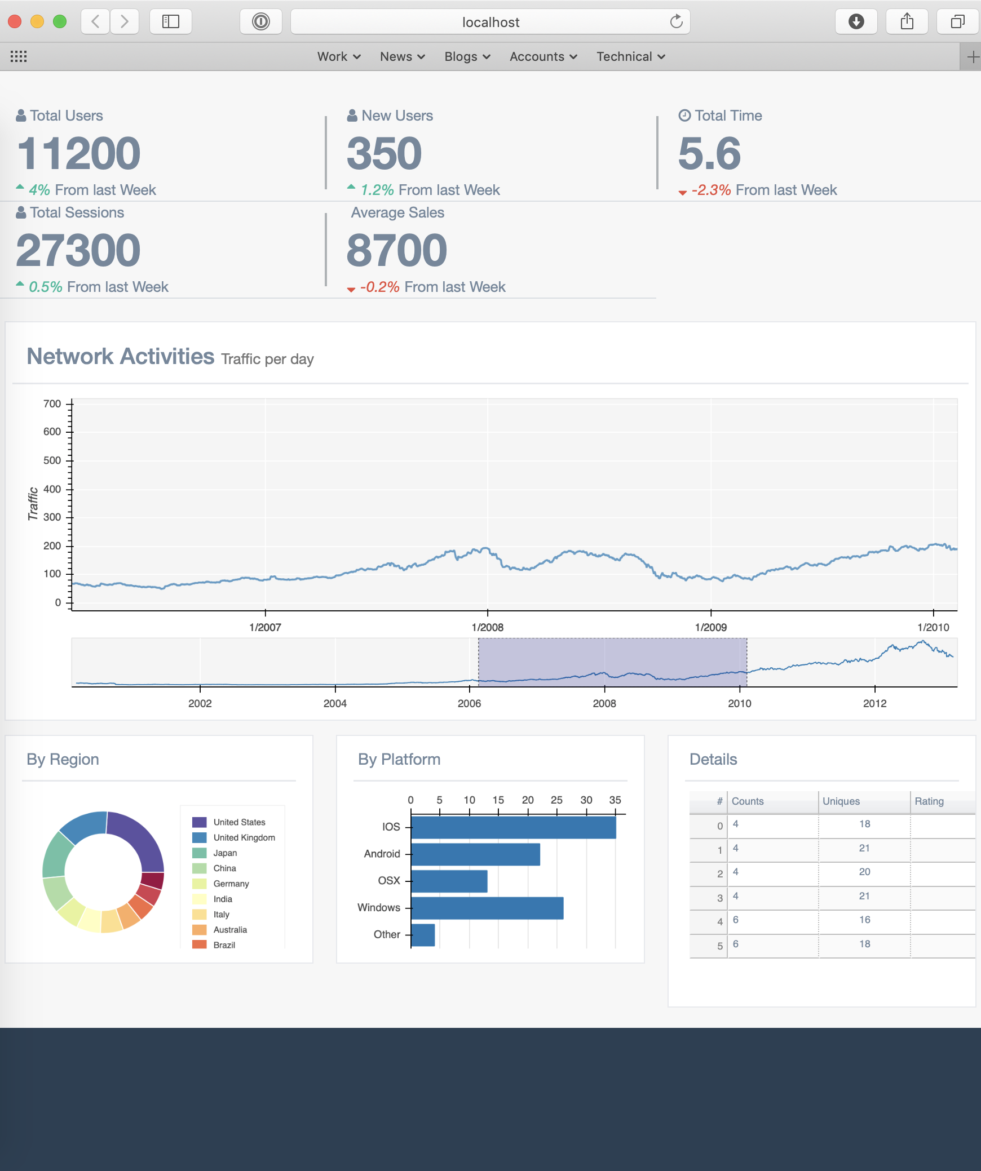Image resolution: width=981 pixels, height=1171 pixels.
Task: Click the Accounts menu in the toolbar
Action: (x=543, y=56)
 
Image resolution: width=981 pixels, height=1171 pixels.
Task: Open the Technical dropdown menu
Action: (x=630, y=56)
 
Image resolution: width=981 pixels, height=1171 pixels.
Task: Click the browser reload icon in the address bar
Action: (x=676, y=22)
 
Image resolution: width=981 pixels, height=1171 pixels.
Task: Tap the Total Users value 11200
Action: (x=79, y=153)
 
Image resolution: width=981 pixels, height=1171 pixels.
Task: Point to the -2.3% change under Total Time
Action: (x=711, y=190)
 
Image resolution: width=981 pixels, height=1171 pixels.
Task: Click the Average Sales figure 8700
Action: (x=396, y=250)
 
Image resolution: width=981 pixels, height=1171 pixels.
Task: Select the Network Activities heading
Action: (x=121, y=357)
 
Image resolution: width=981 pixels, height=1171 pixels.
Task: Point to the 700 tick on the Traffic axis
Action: (x=52, y=403)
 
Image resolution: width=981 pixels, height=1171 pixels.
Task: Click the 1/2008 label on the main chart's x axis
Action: (x=487, y=627)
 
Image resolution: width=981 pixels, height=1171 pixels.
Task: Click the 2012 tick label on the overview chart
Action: (x=874, y=703)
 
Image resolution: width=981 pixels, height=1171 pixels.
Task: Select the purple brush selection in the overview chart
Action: (x=612, y=662)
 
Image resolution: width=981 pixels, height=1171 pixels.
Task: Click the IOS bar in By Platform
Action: (x=513, y=827)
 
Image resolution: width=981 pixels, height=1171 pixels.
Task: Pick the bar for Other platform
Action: (x=423, y=935)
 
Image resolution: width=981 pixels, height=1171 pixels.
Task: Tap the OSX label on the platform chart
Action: (x=389, y=880)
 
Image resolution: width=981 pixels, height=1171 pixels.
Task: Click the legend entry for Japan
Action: (x=225, y=853)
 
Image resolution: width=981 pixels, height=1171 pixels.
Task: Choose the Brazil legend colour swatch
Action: (x=199, y=945)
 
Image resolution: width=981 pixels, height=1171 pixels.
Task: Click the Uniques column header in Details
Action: (x=841, y=801)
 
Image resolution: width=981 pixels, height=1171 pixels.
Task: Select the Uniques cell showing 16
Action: (x=864, y=920)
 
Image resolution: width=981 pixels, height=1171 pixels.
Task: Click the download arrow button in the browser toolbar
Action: (x=856, y=22)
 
